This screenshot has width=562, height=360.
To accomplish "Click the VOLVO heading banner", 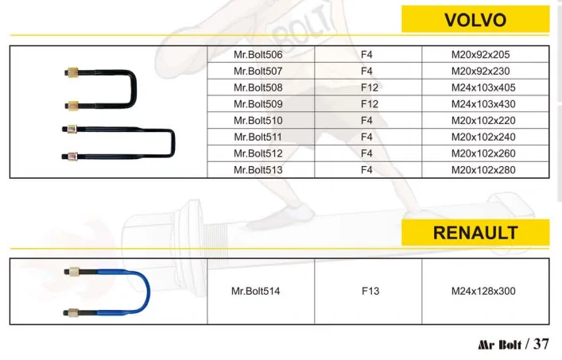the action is (475, 19).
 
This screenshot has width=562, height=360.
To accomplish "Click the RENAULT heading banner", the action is (475, 233).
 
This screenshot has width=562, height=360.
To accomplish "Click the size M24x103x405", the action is (483, 87).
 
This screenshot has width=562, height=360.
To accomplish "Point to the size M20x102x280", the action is (483, 169).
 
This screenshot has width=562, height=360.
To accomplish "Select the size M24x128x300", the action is (483, 291).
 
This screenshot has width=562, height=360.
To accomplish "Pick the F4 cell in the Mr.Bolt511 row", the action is (367, 137).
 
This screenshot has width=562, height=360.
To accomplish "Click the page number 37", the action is (541, 344).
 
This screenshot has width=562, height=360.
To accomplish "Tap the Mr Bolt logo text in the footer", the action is (499, 345).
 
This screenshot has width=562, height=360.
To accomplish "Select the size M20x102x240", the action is (483, 137).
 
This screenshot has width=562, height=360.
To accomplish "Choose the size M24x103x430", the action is (483, 104).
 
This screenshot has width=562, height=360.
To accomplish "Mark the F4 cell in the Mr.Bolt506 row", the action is (367, 55).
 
